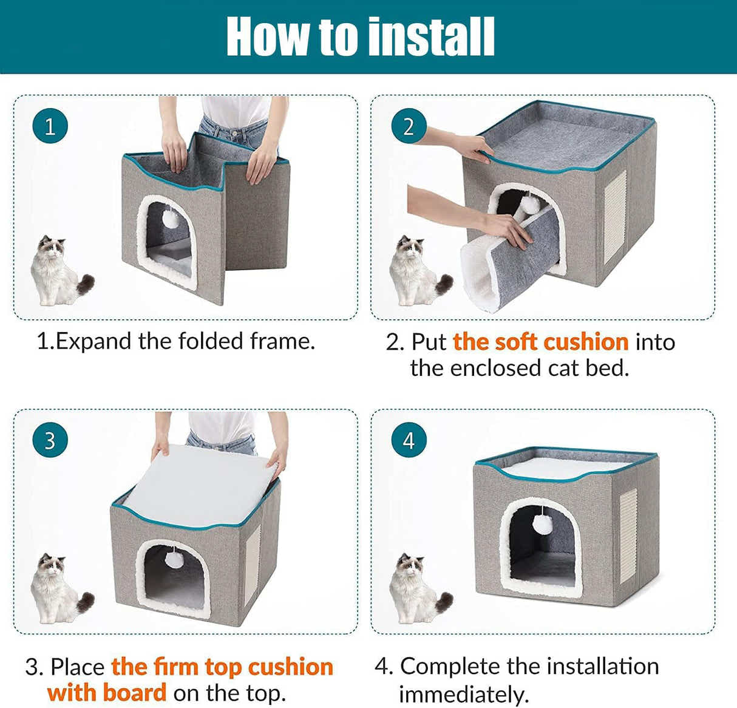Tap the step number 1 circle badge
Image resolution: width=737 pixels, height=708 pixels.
click(x=50, y=126)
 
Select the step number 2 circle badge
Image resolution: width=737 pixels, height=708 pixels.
click(x=409, y=126)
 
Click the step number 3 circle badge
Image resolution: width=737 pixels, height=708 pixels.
click(x=50, y=440)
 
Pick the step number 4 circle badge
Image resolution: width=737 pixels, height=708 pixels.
click(x=409, y=440)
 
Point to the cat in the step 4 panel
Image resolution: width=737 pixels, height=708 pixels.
click(x=417, y=588)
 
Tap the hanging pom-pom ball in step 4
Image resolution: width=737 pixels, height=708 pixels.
click(x=542, y=523)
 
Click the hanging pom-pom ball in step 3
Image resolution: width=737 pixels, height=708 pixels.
click(x=174, y=559)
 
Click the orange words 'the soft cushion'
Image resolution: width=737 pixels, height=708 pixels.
click(x=540, y=342)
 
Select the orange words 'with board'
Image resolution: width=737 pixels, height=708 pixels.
click(x=107, y=692)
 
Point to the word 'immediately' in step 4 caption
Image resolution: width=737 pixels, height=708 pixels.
click(x=464, y=693)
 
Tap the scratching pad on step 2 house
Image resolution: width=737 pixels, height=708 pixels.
click(x=614, y=217)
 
